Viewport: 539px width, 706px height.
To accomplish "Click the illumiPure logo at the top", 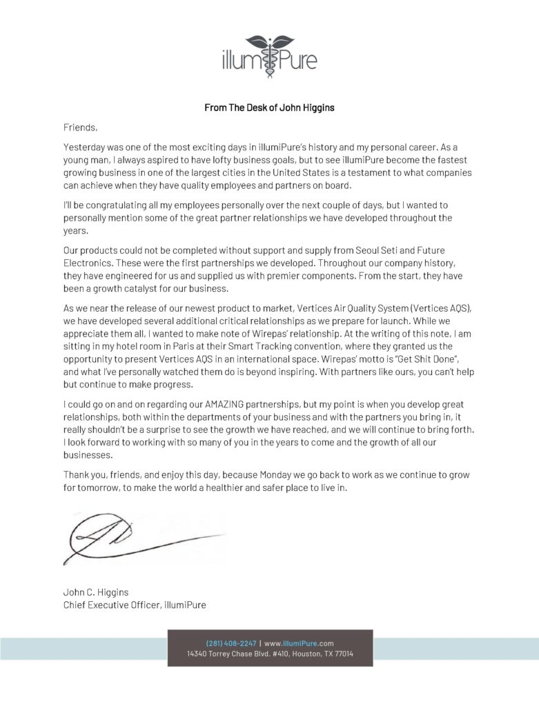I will tap(269, 52).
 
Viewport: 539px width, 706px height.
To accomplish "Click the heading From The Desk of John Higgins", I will tap(269, 108).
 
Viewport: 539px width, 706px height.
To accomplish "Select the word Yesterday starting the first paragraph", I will tap(86, 148).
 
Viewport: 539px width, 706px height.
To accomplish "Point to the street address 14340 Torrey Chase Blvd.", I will tap(233, 654).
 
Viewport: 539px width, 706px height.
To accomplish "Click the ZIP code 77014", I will tap(342, 654).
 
